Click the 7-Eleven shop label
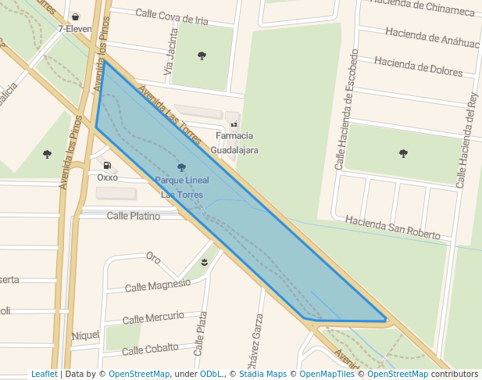pyautogui.click(x=75, y=29)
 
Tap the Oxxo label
pyautogui.click(x=107, y=177)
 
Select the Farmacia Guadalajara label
pyautogui.click(x=235, y=142)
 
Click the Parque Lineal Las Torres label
pyautogui.click(x=181, y=187)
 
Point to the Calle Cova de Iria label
pyautogui.click(x=172, y=16)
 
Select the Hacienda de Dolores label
pyautogui.click(x=419, y=66)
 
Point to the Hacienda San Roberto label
pyautogui.click(x=393, y=228)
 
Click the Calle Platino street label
pyautogui.click(x=134, y=215)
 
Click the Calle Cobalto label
pyautogui.click(x=150, y=348)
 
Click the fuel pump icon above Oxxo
pyautogui.click(x=107, y=166)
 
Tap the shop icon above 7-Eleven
pyautogui.click(x=75, y=16)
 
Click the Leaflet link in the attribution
pyautogui.click(x=45, y=374)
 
